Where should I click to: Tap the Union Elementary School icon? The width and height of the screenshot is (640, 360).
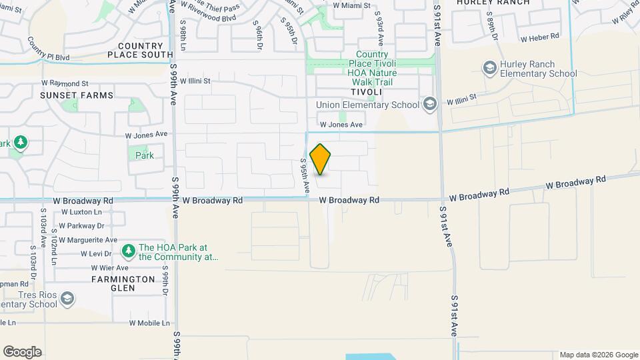point(430,103)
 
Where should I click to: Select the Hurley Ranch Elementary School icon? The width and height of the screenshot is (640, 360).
point(490,67)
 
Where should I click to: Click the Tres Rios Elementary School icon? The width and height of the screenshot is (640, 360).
point(67,298)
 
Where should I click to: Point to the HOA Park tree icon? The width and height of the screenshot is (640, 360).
point(127,251)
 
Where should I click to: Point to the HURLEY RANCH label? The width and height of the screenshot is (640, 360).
point(493,3)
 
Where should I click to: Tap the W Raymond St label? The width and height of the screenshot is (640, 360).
point(65,83)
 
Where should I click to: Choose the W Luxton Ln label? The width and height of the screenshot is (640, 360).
point(81,212)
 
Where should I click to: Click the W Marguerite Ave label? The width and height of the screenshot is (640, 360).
point(88,240)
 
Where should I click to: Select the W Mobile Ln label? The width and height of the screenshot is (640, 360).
point(151,323)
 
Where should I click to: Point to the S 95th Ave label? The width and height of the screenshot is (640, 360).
point(304,175)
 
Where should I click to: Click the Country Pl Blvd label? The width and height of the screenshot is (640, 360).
point(48,49)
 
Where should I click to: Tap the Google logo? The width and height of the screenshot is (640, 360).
point(22,352)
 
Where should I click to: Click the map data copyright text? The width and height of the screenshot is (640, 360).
point(598,355)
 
